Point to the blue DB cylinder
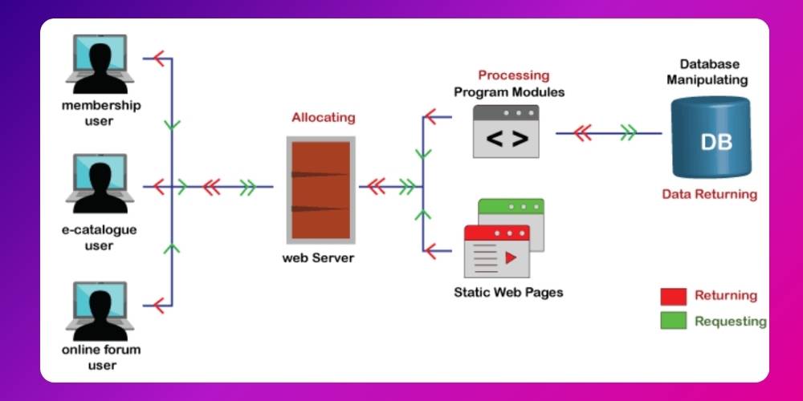[x=710, y=138]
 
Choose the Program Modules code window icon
[x=506, y=132]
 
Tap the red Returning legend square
[x=673, y=296]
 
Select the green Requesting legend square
[x=673, y=321]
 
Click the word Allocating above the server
[x=323, y=117]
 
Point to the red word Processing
[x=514, y=75]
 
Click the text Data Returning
[x=709, y=194]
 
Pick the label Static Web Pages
[x=508, y=292]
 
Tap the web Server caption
[x=318, y=258]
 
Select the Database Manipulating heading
[x=709, y=72]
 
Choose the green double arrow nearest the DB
[x=628, y=133]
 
